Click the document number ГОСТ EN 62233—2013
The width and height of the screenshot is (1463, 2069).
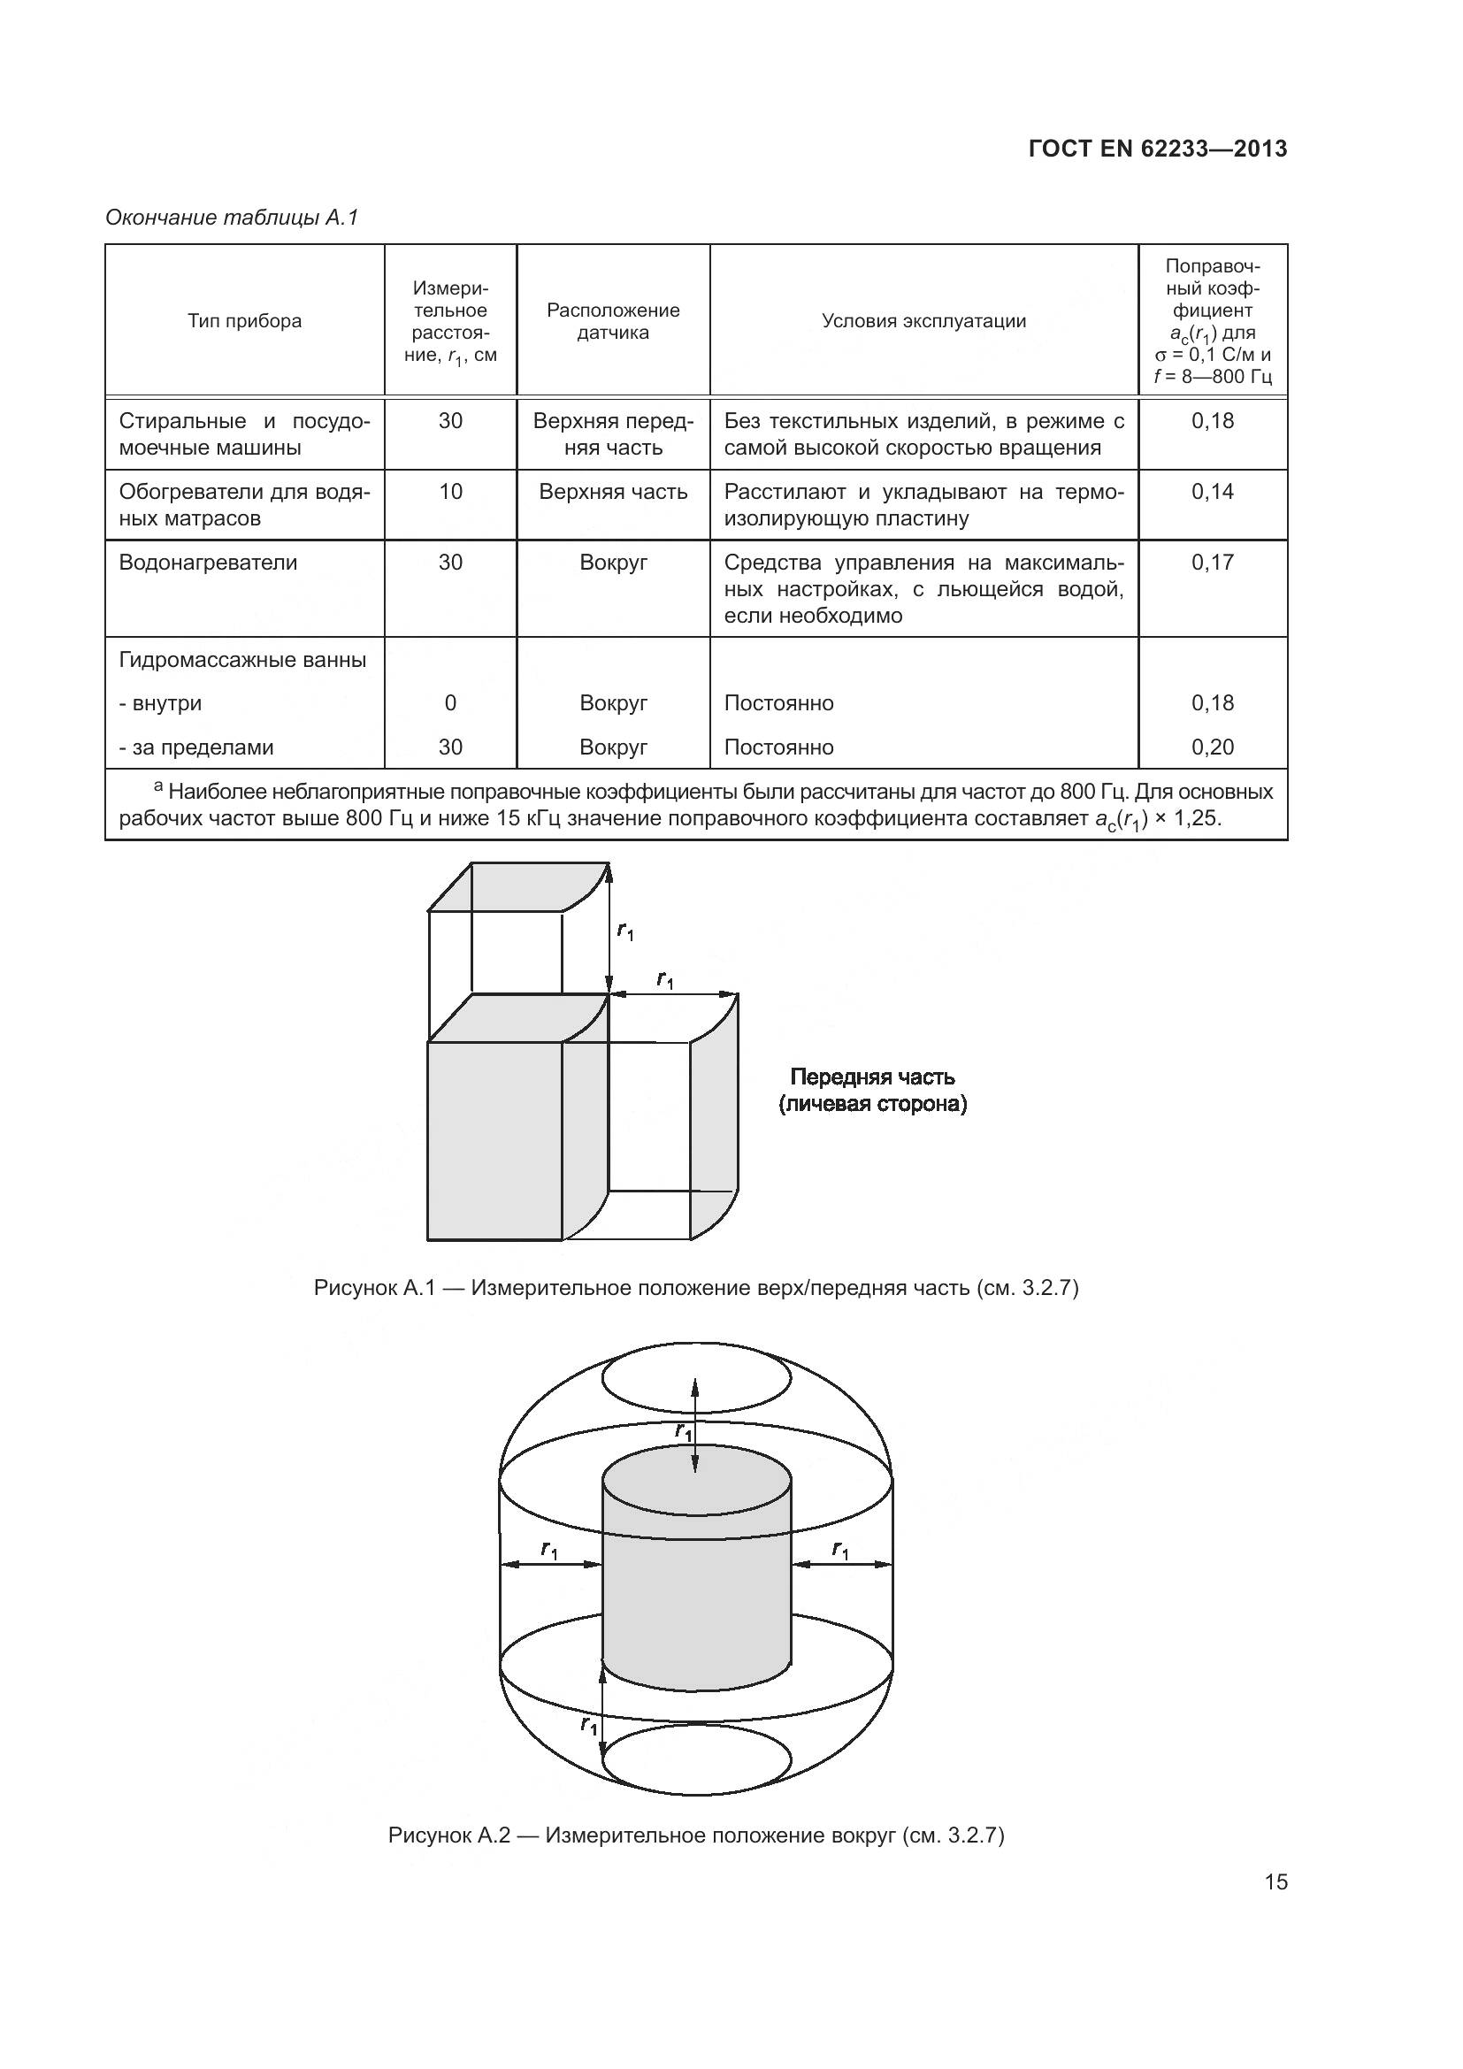(x=1158, y=149)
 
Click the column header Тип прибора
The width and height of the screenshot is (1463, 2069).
(x=244, y=322)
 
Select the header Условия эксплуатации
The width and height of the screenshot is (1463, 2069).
(x=923, y=322)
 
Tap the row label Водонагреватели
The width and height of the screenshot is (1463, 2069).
(x=208, y=563)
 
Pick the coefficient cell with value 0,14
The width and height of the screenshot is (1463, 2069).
(x=1213, y=492)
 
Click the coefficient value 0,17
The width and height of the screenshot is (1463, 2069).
(x=1213, y=563)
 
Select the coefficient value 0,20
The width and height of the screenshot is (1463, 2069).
(x=1213, y=747)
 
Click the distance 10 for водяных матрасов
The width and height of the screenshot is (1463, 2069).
(x=450, y=492)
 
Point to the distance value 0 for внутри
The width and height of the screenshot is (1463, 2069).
(x=450, y=703)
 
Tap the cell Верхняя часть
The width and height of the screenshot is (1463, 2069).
(x=614, y=492)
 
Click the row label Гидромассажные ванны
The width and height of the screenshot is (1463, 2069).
(x=242, y=660)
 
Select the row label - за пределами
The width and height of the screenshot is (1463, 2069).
(x=196, y=747)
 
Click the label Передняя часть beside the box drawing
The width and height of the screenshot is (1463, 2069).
(x=872, y=1077)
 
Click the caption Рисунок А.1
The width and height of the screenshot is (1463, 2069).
(x=695, y=1288)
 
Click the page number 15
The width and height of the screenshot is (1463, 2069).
(x=1275, y=1881)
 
